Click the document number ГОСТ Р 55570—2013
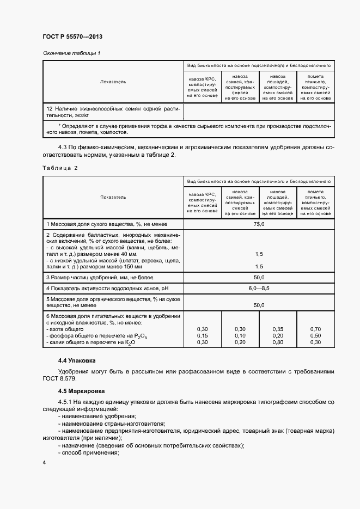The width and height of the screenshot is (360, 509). (x=72, y=36)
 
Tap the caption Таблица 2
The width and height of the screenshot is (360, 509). (x=60, y=168)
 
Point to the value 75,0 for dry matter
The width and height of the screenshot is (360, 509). (x=259, y=224)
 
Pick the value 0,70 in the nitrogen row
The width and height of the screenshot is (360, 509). (x=315, y=329)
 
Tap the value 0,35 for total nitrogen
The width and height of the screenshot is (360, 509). (x=278, y=329)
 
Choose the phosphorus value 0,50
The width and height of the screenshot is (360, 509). (x=315, y=336)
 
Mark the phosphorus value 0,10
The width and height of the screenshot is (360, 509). (x=240, y=336)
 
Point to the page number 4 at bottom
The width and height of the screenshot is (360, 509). (x=44, y=462)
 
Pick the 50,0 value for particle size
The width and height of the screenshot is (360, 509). (x=259, y=277)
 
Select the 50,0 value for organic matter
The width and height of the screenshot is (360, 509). (x=259, y=305)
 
